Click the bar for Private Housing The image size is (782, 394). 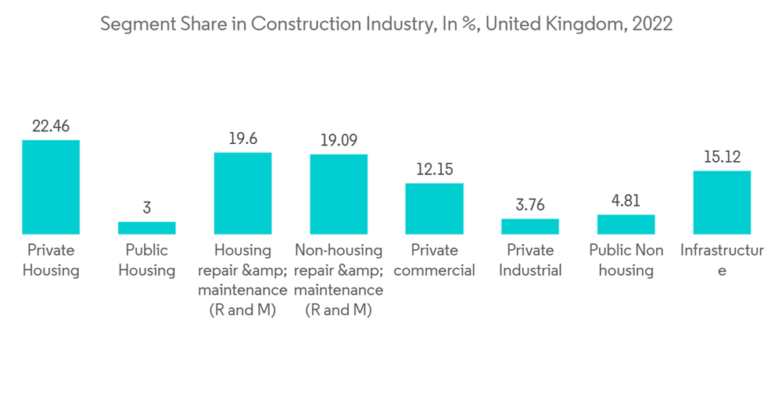[51, 187]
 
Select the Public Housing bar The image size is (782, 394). [147, 227]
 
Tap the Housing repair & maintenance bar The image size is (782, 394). [242, 193]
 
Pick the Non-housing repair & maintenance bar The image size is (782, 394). [339, 194]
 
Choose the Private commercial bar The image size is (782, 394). [434, 209]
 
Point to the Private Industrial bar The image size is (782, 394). [530, 226]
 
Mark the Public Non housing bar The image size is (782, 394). [626, 224]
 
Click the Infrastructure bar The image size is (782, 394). [722, 202]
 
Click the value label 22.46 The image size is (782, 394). [51, 126]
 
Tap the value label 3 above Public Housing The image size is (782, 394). [147, 208]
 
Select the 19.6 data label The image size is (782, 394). [242, 138]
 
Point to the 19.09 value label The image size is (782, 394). [339, 141]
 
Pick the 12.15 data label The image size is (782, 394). [434, 170]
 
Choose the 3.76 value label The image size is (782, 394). [530, 206]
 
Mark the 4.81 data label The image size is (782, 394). [626, 201]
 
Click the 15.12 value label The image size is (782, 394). [722, 157]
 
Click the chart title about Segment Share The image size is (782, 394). [386, 24]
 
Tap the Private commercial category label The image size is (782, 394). [434, 260]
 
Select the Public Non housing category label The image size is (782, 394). [626, 260]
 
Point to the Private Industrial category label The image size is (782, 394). [530, 260]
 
